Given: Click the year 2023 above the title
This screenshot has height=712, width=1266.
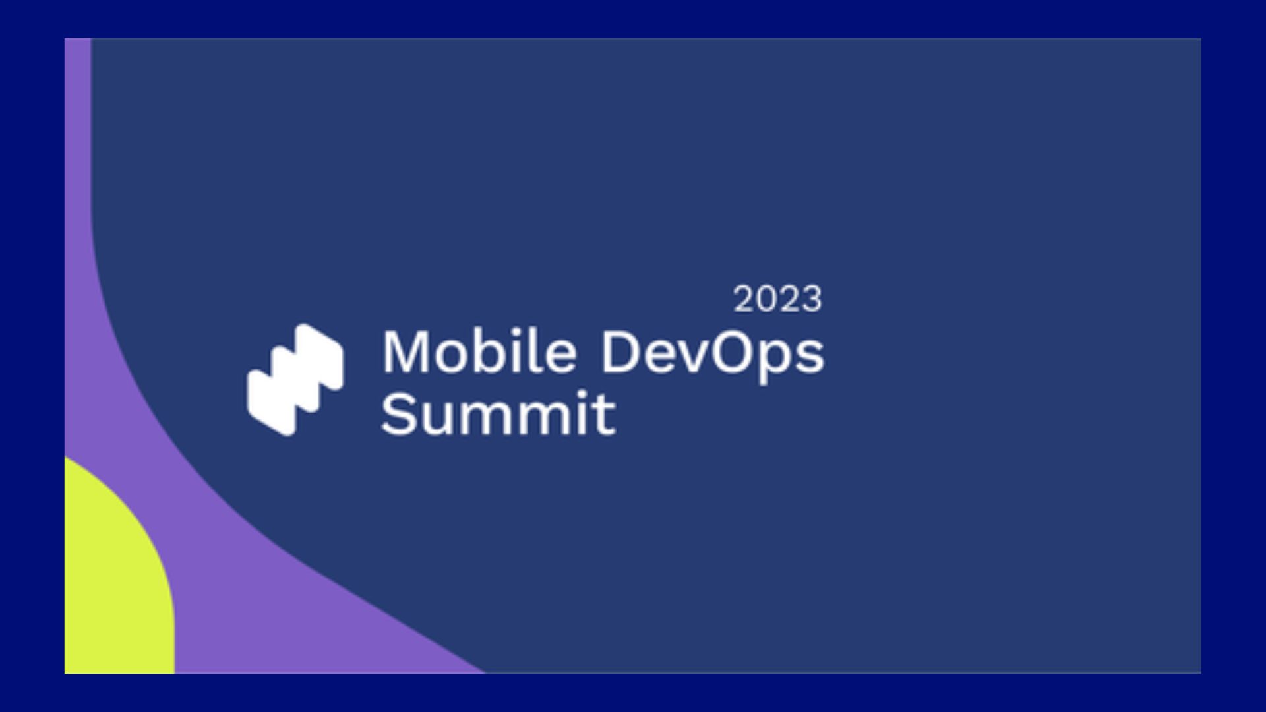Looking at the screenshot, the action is coord(777,299).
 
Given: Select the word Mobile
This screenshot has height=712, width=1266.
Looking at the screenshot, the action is coord(479,352).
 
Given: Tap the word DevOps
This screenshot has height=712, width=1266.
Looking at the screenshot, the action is coord(712,357).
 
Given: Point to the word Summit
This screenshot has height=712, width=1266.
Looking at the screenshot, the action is coord(498,413).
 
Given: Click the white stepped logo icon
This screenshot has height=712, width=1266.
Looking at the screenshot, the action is coord(295,380).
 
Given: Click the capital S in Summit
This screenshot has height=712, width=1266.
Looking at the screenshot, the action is coord(396,413).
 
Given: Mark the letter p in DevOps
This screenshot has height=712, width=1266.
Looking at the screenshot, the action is coord(778,362).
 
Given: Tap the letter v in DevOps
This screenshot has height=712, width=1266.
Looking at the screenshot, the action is coord(692,357).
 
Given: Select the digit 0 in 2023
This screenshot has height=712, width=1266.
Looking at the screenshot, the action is coord(767,299).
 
